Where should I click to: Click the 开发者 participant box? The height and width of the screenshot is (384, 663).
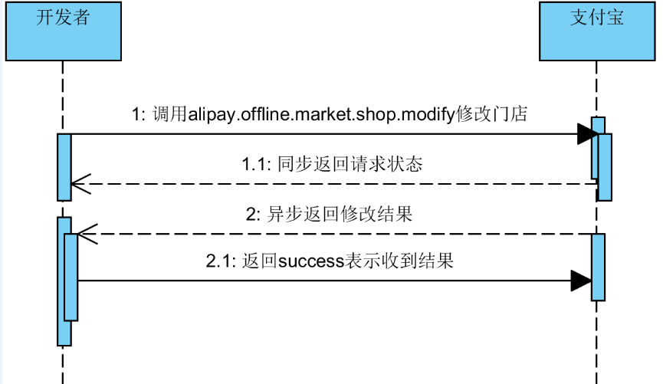(63, 31)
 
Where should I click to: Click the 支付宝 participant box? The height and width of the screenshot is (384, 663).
(597, 31)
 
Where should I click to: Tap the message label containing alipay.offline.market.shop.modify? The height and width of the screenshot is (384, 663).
(329, 115)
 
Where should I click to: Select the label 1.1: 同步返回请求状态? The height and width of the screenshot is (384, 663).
(332, 164)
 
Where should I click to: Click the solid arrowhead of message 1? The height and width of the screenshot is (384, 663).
(588, 135)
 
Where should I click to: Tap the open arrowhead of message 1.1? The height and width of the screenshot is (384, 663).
(80, 184)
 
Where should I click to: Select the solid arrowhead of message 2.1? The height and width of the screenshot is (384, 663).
(581, 281)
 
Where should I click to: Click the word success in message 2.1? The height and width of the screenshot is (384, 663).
(310, 261)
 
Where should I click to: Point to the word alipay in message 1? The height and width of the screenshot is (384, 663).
(212, 115)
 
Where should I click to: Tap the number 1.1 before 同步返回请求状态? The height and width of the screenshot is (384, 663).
(254, 165)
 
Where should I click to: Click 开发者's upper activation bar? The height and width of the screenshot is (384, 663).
(64, 166)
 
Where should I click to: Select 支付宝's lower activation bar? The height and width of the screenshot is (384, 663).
(599, 267)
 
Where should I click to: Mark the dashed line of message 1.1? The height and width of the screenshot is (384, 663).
(345, 184)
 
